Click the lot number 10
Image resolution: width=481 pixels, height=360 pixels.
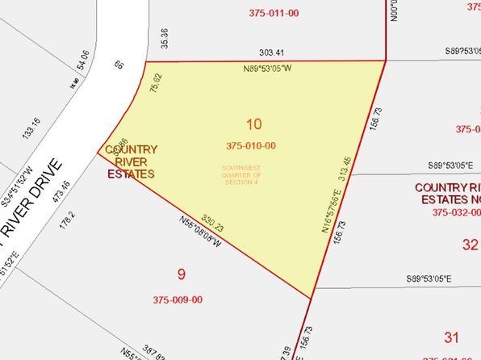point(255,124)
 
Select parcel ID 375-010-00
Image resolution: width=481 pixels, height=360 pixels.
point(251,146)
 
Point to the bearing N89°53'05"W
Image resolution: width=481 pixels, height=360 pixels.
point(267,69)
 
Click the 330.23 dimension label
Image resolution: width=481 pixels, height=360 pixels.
point(211,221)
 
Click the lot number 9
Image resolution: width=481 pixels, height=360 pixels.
point(182,274)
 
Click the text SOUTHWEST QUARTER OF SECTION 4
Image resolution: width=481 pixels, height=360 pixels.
point(242,174)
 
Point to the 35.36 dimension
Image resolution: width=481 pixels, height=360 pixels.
point(165,37)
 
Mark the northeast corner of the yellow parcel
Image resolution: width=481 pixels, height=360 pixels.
point(386,60)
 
